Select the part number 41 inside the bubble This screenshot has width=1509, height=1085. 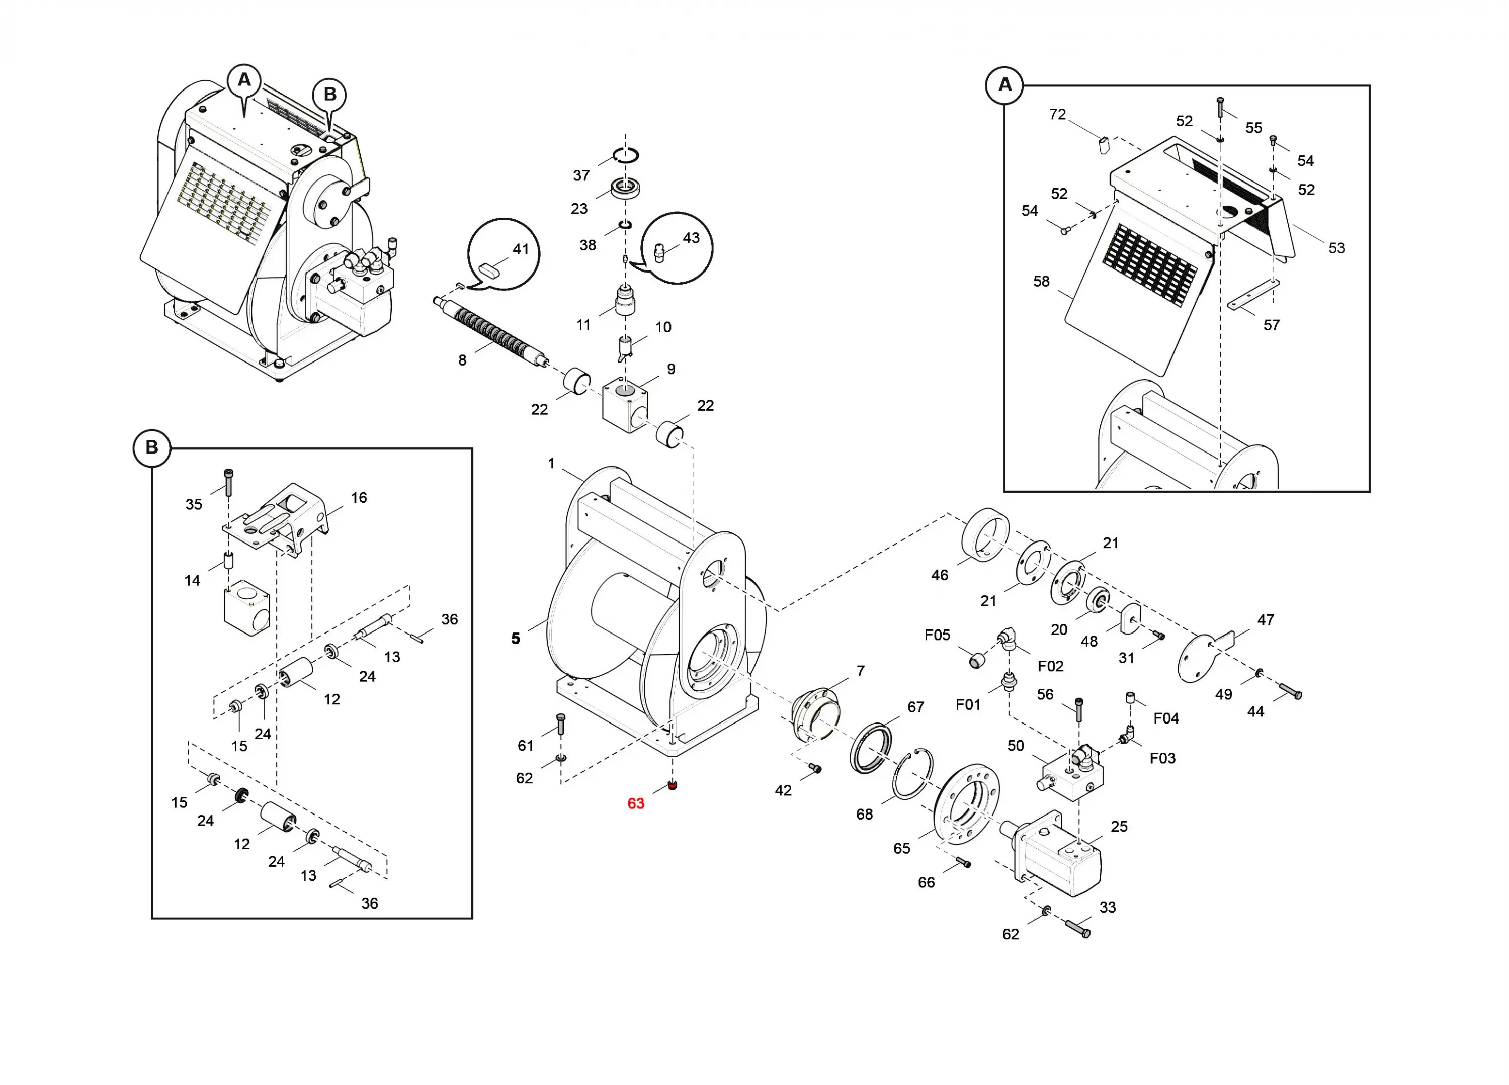[x=520, y=249]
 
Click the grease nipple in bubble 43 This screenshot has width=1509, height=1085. [x=660, y=253]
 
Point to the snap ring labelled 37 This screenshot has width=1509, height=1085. [x=625, y=155]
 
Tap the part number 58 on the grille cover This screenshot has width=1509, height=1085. [x=1041, y=282]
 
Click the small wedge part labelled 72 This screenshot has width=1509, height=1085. [x=1103, y=145]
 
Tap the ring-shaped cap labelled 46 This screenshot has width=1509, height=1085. [x=985, y=535]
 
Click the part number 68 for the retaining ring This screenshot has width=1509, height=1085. [x=864, y=814]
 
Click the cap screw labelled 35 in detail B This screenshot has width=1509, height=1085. [x=228, y=482]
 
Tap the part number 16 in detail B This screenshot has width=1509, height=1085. [x=359, y=498]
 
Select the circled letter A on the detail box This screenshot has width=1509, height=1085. [x=1004, y=84]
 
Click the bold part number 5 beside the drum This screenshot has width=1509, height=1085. [x=516, y=639]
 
